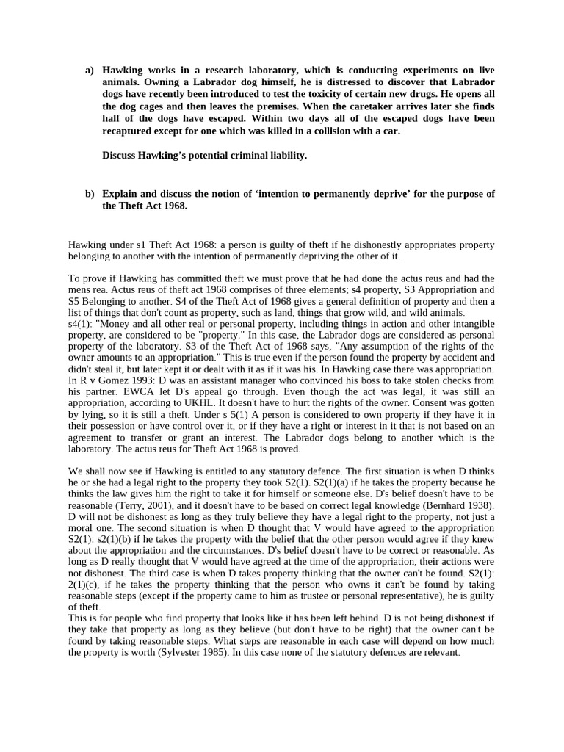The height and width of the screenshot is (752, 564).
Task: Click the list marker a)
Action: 90,70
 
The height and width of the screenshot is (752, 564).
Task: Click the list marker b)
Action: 90,194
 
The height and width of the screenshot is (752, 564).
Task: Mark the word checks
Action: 448,380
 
